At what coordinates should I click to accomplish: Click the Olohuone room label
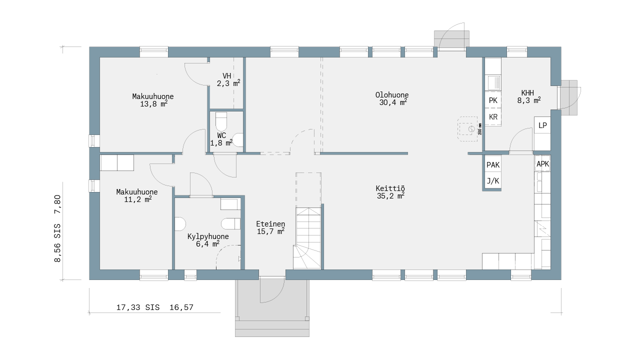391,95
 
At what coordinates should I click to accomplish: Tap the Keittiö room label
390,188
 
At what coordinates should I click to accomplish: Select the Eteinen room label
270,224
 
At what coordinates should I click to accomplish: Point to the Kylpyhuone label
208,236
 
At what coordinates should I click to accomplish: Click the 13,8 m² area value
153,104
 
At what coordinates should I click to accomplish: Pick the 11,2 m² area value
137,199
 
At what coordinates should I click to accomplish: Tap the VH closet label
227,76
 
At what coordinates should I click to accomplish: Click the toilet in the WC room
221,121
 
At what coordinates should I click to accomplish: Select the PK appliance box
493,100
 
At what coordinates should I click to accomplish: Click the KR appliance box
493,117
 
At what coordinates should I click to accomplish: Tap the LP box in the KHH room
542,125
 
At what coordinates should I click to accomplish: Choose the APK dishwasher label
542,164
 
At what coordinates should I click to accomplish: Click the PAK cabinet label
493,165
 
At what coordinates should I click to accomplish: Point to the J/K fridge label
493,181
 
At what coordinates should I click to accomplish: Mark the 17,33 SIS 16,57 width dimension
155,307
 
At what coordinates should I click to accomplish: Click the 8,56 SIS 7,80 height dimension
57,228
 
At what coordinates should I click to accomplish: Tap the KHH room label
527,93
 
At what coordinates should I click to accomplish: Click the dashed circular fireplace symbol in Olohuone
471,129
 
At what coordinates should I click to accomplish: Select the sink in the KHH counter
493,82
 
